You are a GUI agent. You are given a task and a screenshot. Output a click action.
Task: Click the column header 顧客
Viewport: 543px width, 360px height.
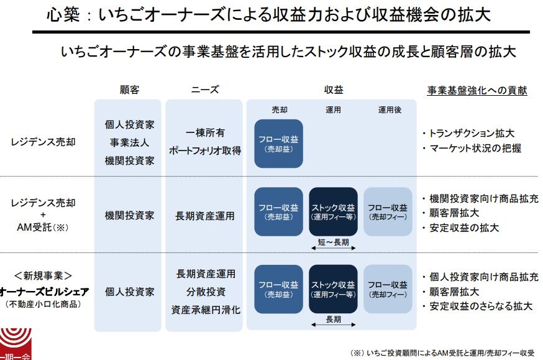[129, 90]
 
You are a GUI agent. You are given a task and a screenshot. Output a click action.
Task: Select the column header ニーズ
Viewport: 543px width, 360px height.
[205, 90]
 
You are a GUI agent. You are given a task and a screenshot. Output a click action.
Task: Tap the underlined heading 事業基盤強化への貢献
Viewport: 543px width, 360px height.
[477, 91]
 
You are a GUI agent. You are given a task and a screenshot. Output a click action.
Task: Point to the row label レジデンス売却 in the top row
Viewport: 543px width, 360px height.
[43, 142]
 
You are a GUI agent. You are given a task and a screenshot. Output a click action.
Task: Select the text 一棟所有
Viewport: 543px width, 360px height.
[205, 133]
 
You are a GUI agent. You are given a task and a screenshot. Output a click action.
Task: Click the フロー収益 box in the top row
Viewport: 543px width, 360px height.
[278, 144]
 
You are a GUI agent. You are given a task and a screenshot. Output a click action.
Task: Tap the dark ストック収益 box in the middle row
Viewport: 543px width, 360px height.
[333, 211]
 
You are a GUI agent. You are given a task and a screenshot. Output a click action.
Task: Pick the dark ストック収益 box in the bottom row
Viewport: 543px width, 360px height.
[333, 289]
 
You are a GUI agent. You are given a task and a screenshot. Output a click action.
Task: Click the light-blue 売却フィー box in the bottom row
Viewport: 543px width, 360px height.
[388, 289]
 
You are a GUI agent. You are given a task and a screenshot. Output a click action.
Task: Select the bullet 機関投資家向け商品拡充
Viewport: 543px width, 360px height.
[480, 199]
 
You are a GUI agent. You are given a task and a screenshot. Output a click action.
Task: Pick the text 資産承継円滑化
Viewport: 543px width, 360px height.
[205, 309]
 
